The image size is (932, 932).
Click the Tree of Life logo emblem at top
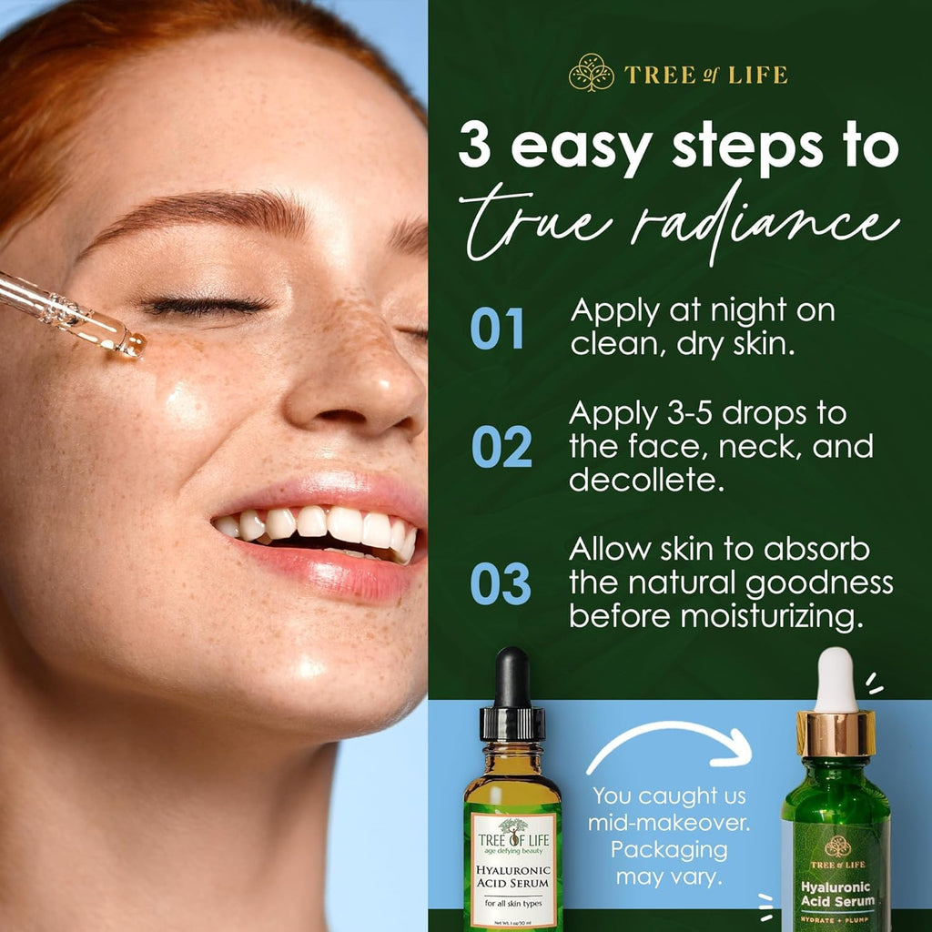click(592, 73)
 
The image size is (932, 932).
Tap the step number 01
click(498, 329)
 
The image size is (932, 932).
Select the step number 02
click(501, 446)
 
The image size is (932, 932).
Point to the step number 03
click(501, 584)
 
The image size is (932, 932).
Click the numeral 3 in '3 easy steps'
click(475, 147)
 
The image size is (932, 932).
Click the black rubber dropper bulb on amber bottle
click(512, 677)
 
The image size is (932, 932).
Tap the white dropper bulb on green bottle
click(836, 680)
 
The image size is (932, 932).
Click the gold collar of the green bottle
click(836, 733)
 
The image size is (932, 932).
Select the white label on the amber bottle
click(513, 870)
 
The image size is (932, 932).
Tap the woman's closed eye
click(209, 307)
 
